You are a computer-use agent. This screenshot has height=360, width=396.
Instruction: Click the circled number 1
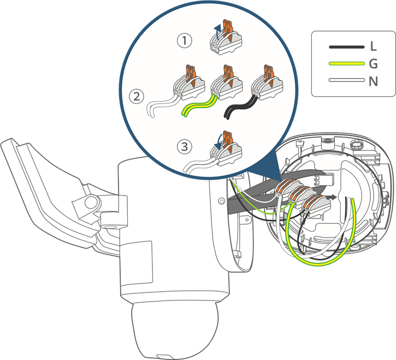[x=185, y=40]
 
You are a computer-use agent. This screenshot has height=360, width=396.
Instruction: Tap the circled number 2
[x=137, y=97]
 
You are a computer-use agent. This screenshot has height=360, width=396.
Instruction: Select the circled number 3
[x=185, y=146]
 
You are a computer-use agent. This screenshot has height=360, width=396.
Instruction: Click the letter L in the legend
[x=373, y=46]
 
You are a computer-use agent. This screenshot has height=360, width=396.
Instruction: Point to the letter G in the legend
[x=373, y=64]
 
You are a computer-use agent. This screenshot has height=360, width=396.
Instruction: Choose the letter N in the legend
[x=373, y=81]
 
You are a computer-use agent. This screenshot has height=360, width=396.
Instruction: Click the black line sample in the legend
[x=346, y=47]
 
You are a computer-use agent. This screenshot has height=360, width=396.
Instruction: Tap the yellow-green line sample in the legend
[x=346, y=63]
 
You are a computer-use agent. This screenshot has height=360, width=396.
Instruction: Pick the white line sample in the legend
[x=346, y=80]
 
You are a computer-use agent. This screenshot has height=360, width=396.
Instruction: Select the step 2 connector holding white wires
[x=188, y=83]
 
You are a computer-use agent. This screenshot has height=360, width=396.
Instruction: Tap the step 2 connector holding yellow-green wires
[x=226, y=83]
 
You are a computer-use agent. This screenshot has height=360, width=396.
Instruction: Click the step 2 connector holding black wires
[x=267, y=83]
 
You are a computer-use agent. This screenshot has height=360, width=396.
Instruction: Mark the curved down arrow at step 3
[x=218, y=142]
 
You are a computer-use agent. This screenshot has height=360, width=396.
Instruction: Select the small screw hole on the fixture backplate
[x=222, y=201]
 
